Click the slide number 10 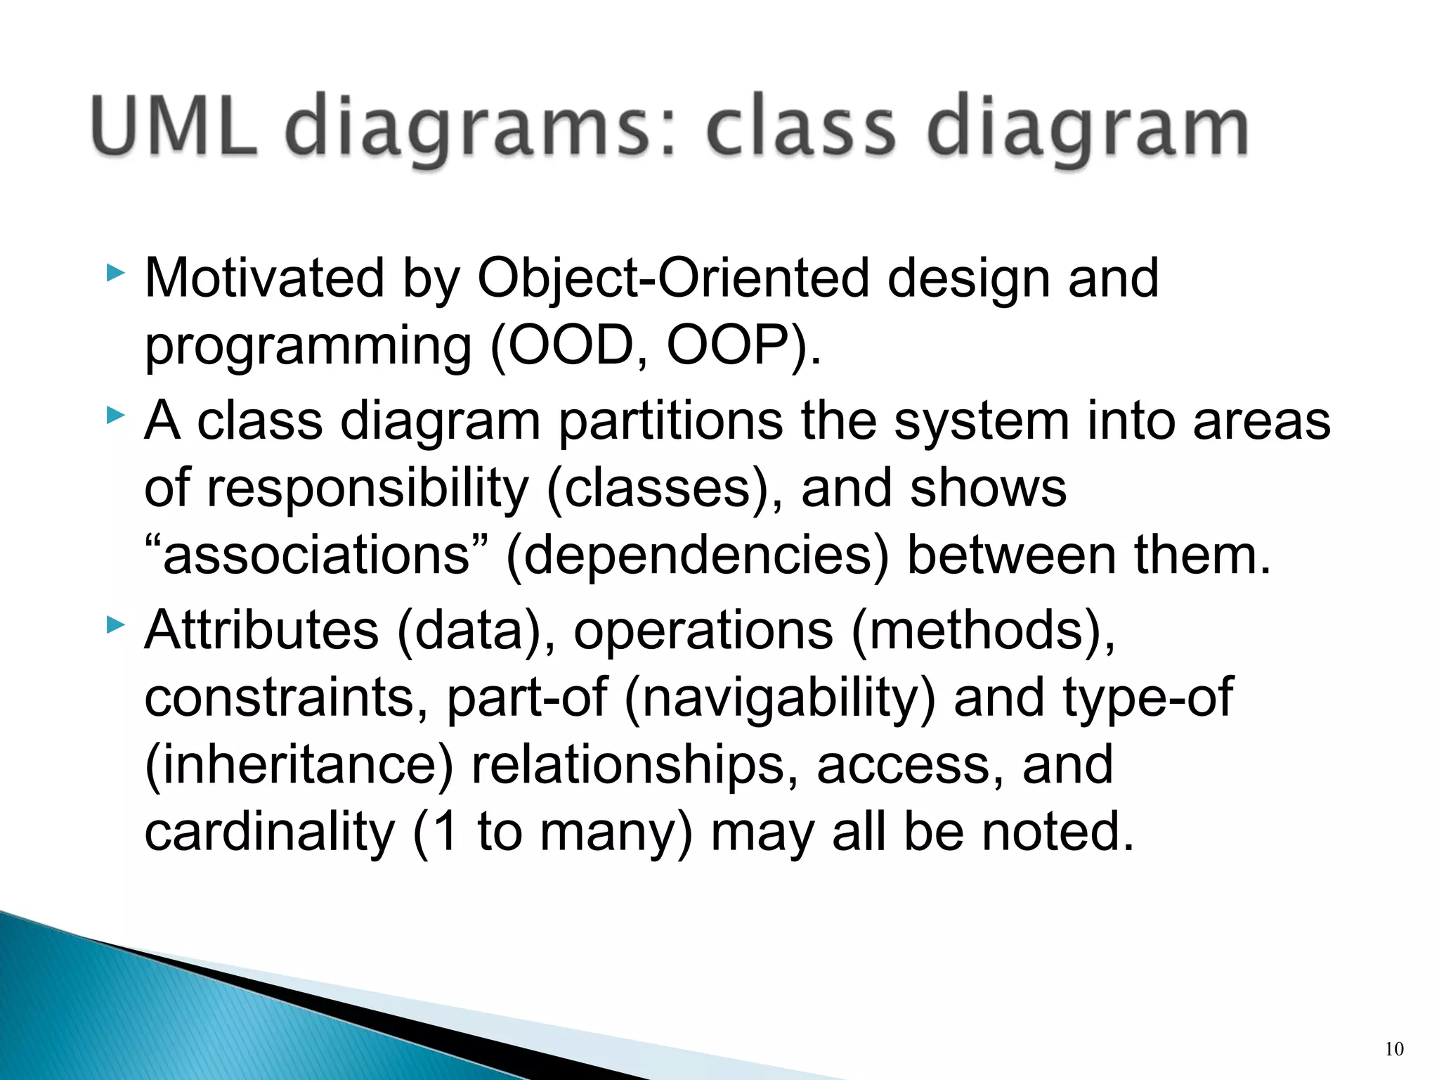1394,1049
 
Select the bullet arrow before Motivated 116,273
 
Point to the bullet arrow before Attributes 116,624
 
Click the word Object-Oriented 674,278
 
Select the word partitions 670,422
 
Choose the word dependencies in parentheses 697,555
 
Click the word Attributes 261,630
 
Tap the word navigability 780,697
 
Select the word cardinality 270,832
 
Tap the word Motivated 264,278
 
